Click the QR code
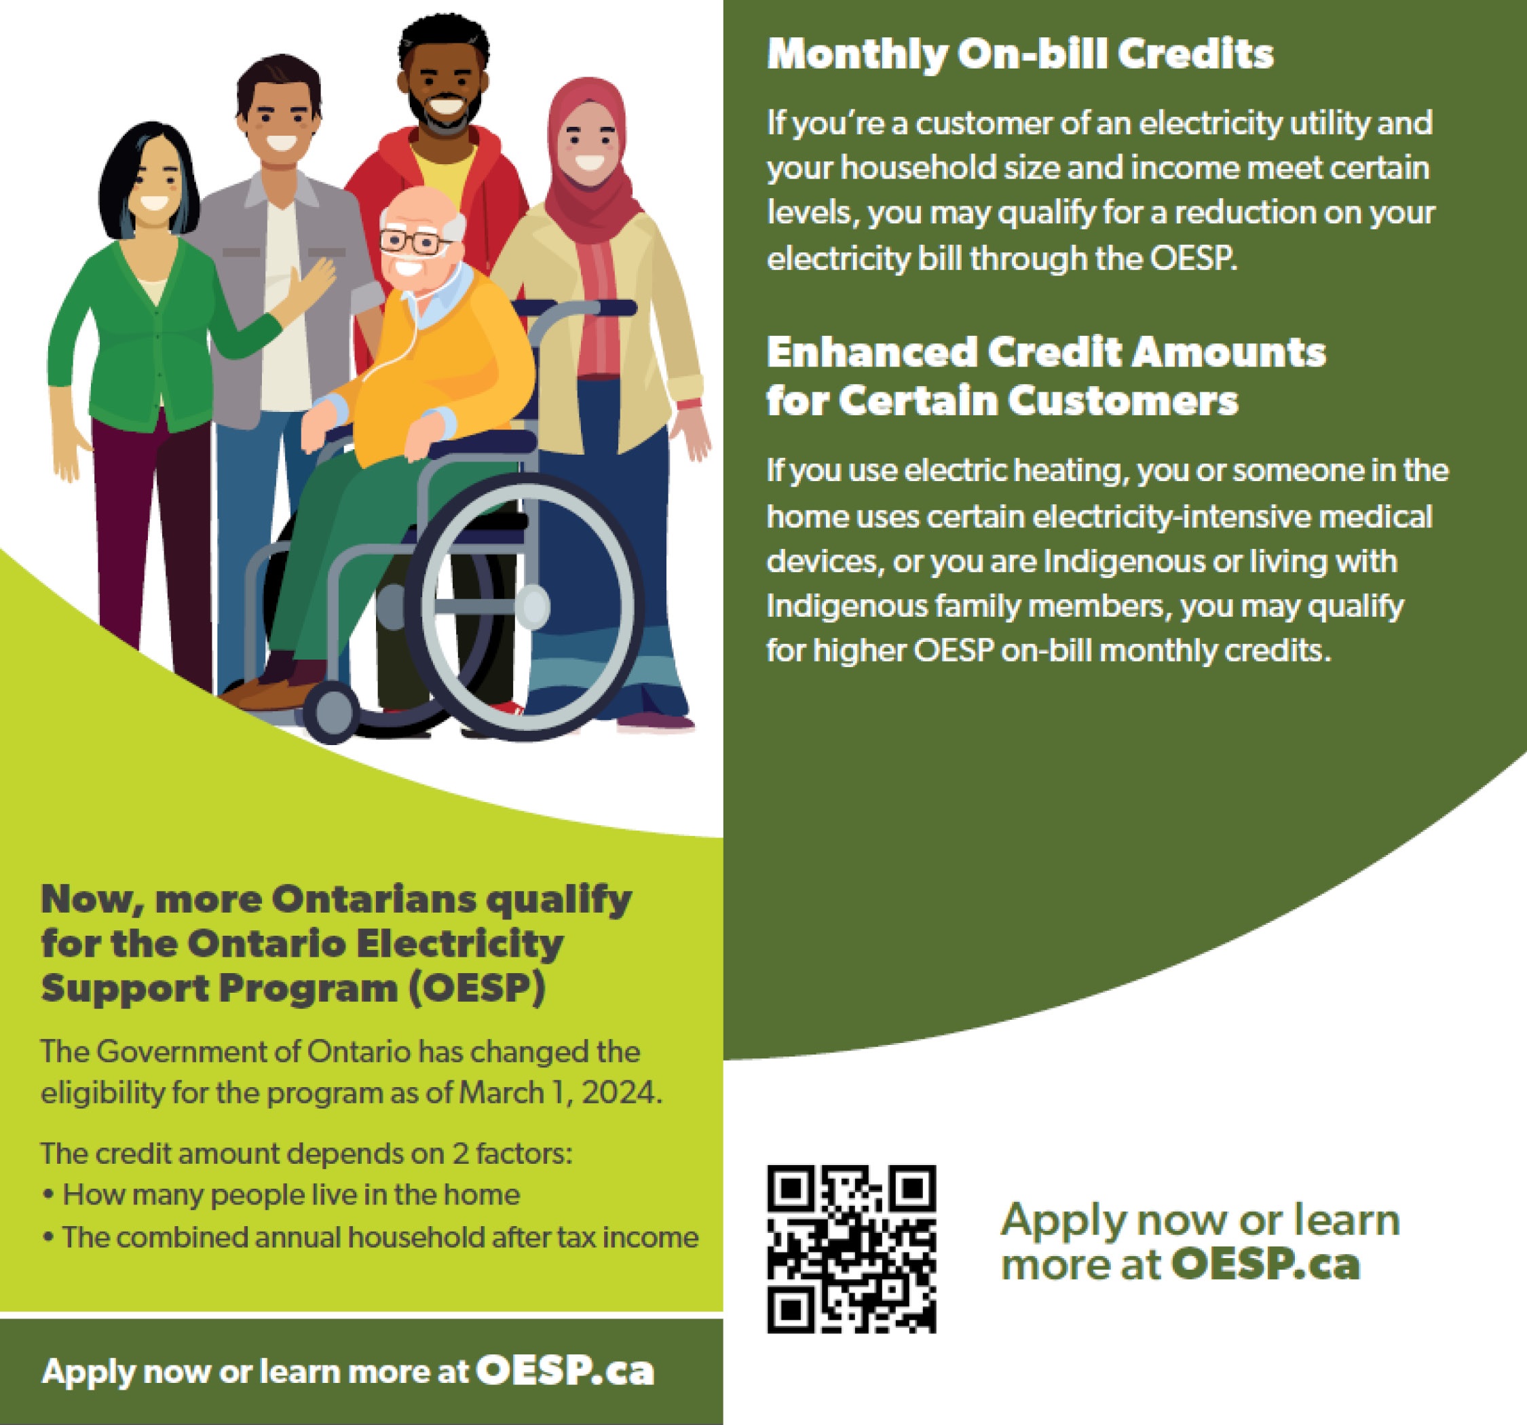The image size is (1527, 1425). click(851, 1249)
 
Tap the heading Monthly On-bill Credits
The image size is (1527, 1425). click(1020, 54)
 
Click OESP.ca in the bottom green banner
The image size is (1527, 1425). click(565, 1371)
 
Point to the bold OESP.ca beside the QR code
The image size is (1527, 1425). click(1264, 1264)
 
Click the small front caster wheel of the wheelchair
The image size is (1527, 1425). click(331, 712)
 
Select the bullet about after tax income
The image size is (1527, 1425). click(371, 1238)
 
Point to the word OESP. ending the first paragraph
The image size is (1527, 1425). click(1193, 259)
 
